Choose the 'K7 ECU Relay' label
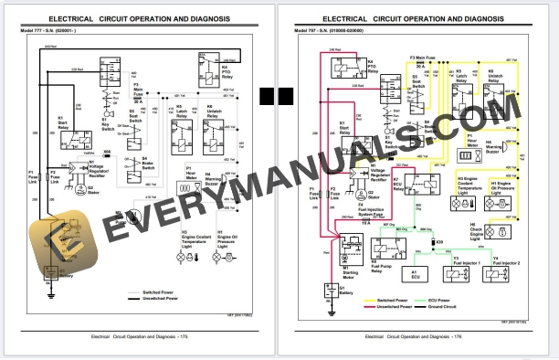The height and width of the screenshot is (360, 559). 398,181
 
